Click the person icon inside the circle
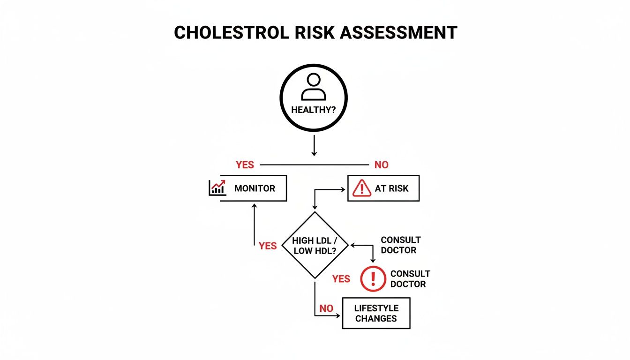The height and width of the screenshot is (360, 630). pos(313,87)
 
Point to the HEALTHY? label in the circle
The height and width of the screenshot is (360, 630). pos(313,111)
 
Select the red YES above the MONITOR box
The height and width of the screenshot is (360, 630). pos(245,165)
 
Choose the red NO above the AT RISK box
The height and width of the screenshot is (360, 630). pos(382,165)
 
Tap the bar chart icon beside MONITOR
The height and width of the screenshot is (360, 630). pos(217,188)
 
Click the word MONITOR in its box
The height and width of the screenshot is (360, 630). pos(255,188)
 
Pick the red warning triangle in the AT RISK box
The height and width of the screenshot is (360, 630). pos(361,188)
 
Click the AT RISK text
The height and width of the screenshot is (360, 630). pos(391,188)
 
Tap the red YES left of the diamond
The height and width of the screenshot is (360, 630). pos(268,246)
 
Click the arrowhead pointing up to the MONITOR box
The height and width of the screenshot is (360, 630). pos(254,205)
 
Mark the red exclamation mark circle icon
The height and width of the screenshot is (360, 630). pos(373,278)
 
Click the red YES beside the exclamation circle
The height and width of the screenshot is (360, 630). pos(341,279)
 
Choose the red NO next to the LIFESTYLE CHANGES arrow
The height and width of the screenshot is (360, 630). pos(326,308)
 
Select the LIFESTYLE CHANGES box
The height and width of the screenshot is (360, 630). pos(376,313)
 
